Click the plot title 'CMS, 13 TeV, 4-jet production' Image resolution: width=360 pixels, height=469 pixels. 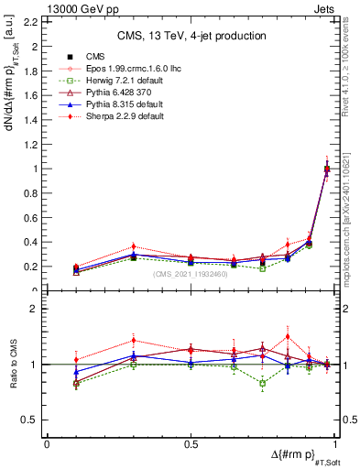coord(192,36)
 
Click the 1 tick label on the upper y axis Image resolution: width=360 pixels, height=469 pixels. coord(35,169)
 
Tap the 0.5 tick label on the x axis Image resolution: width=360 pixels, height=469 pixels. coord(191,443)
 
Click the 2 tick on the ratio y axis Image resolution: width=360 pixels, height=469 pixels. coord(35,310)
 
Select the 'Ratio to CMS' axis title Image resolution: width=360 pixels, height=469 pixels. coord(12,364)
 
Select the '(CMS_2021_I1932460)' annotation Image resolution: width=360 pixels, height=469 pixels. coord(191,274)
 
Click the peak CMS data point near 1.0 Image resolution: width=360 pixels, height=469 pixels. coord(327,169)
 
